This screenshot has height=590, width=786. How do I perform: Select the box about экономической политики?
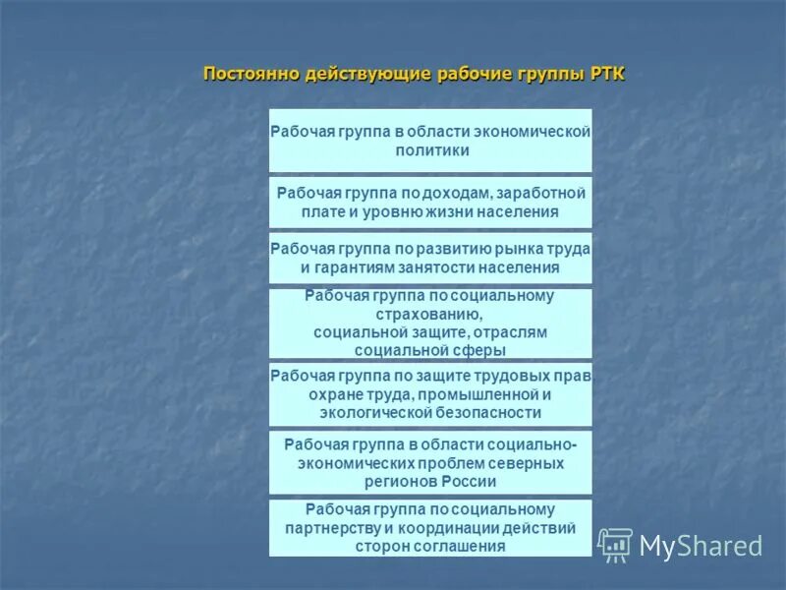[430, 141]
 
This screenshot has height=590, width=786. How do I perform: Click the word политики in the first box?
[430, 150]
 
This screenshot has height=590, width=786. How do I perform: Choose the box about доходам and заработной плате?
[430, 202]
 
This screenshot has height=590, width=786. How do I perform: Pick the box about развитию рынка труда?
[430, 258]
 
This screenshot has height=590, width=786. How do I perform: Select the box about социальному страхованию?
[430, 323]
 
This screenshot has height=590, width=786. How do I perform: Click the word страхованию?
[430, 314]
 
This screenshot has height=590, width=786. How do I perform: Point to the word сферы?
[483, 349]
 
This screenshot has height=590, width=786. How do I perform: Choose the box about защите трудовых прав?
[430, 394]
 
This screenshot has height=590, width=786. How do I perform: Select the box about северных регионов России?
[430, 462]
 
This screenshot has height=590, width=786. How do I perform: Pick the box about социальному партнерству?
[430, 528]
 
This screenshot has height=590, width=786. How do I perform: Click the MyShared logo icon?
[615, 545]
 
